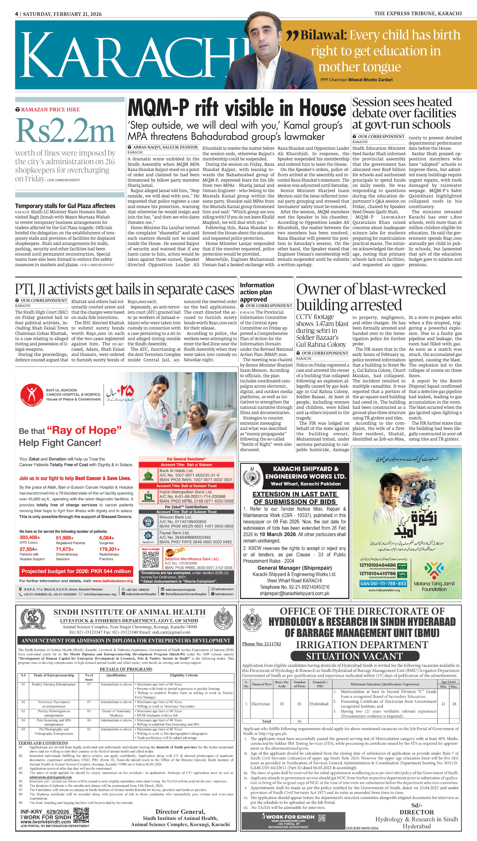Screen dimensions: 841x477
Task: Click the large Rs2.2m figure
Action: (66, 131)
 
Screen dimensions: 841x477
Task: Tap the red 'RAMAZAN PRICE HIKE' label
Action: (50, 110)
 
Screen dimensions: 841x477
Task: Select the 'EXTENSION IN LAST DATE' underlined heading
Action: (295, 498)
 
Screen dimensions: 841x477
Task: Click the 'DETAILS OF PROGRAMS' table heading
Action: (126, 669)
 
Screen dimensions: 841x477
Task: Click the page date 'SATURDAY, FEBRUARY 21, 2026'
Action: (62, 14)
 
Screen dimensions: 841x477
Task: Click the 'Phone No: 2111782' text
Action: (261, 644)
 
